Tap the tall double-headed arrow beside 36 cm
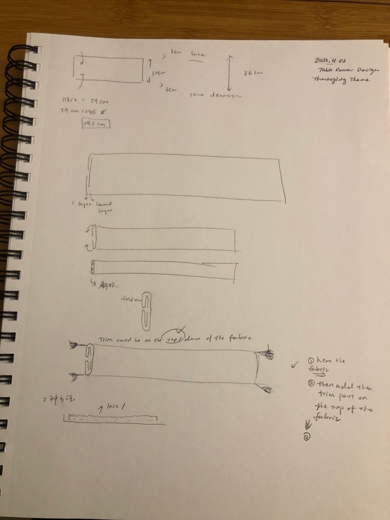pos(229,74)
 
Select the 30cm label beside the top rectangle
pos(158,73)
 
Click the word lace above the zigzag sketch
pos(116,406)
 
